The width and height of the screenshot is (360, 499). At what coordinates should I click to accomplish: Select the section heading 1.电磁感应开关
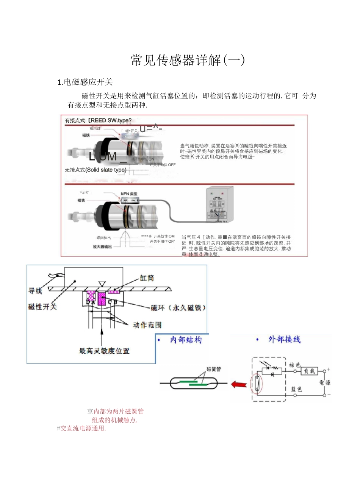click(85, 82)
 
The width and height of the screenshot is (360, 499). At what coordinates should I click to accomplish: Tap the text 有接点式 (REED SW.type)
click(98, 120)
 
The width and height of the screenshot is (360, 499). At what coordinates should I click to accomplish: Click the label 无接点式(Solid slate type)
click(95, 170)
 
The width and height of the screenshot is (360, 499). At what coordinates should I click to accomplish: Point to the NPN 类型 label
click(129, 194)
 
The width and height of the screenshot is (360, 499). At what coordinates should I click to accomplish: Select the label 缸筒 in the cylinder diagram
click(147, 278)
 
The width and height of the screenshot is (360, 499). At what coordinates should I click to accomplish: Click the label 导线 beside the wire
click(35, 291)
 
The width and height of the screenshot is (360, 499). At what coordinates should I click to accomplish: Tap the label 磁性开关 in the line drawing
click(42, 307)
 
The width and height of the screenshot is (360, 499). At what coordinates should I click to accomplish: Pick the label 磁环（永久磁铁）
click(178, 308)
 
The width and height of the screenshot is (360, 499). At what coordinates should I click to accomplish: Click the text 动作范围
click(147, 325)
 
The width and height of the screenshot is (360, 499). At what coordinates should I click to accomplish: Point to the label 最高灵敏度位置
click(104, 351)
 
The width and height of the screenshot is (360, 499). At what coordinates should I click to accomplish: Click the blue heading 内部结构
click(186, 340)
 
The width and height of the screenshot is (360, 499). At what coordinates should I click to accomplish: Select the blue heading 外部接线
click(284, 339)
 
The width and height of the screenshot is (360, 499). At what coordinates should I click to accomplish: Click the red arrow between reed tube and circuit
click(239, 385)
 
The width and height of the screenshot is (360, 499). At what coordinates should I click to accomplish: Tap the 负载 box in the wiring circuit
click(309, 371)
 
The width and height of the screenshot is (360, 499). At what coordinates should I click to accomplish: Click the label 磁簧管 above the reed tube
click(213, 369)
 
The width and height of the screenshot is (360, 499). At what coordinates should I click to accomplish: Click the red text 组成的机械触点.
click(114, 420)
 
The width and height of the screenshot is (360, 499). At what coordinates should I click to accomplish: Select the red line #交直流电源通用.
click(81, 428)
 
